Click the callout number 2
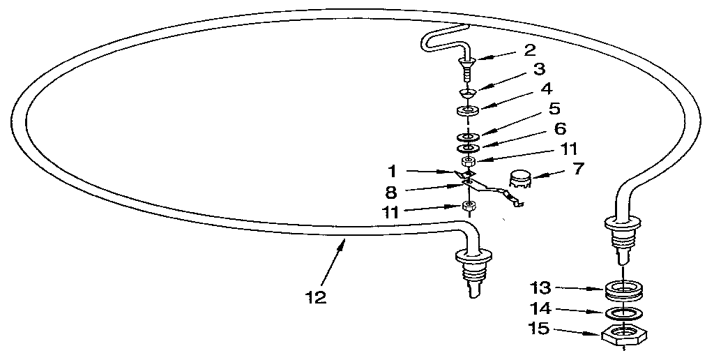[529, 50]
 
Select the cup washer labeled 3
[468, 93]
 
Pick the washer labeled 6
[468, 148]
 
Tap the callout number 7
[577, 169]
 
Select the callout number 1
[392, 172]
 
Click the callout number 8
[390, 193]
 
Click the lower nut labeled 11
[469, 206]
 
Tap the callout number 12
[316, 298]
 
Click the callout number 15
[540, 328]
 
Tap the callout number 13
[541, 288]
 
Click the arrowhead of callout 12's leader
[343, 241]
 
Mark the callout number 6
[560, 128]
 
